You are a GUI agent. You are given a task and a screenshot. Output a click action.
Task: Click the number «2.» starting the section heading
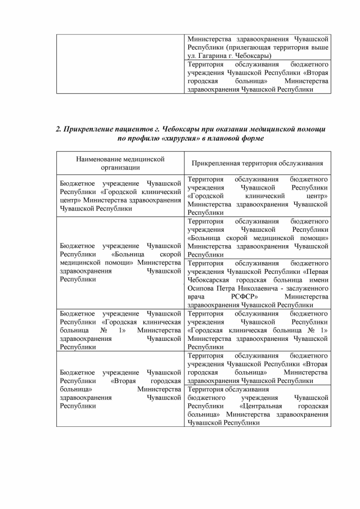coord(59,129)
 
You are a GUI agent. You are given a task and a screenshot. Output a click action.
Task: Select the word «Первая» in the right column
coord(316,270)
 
